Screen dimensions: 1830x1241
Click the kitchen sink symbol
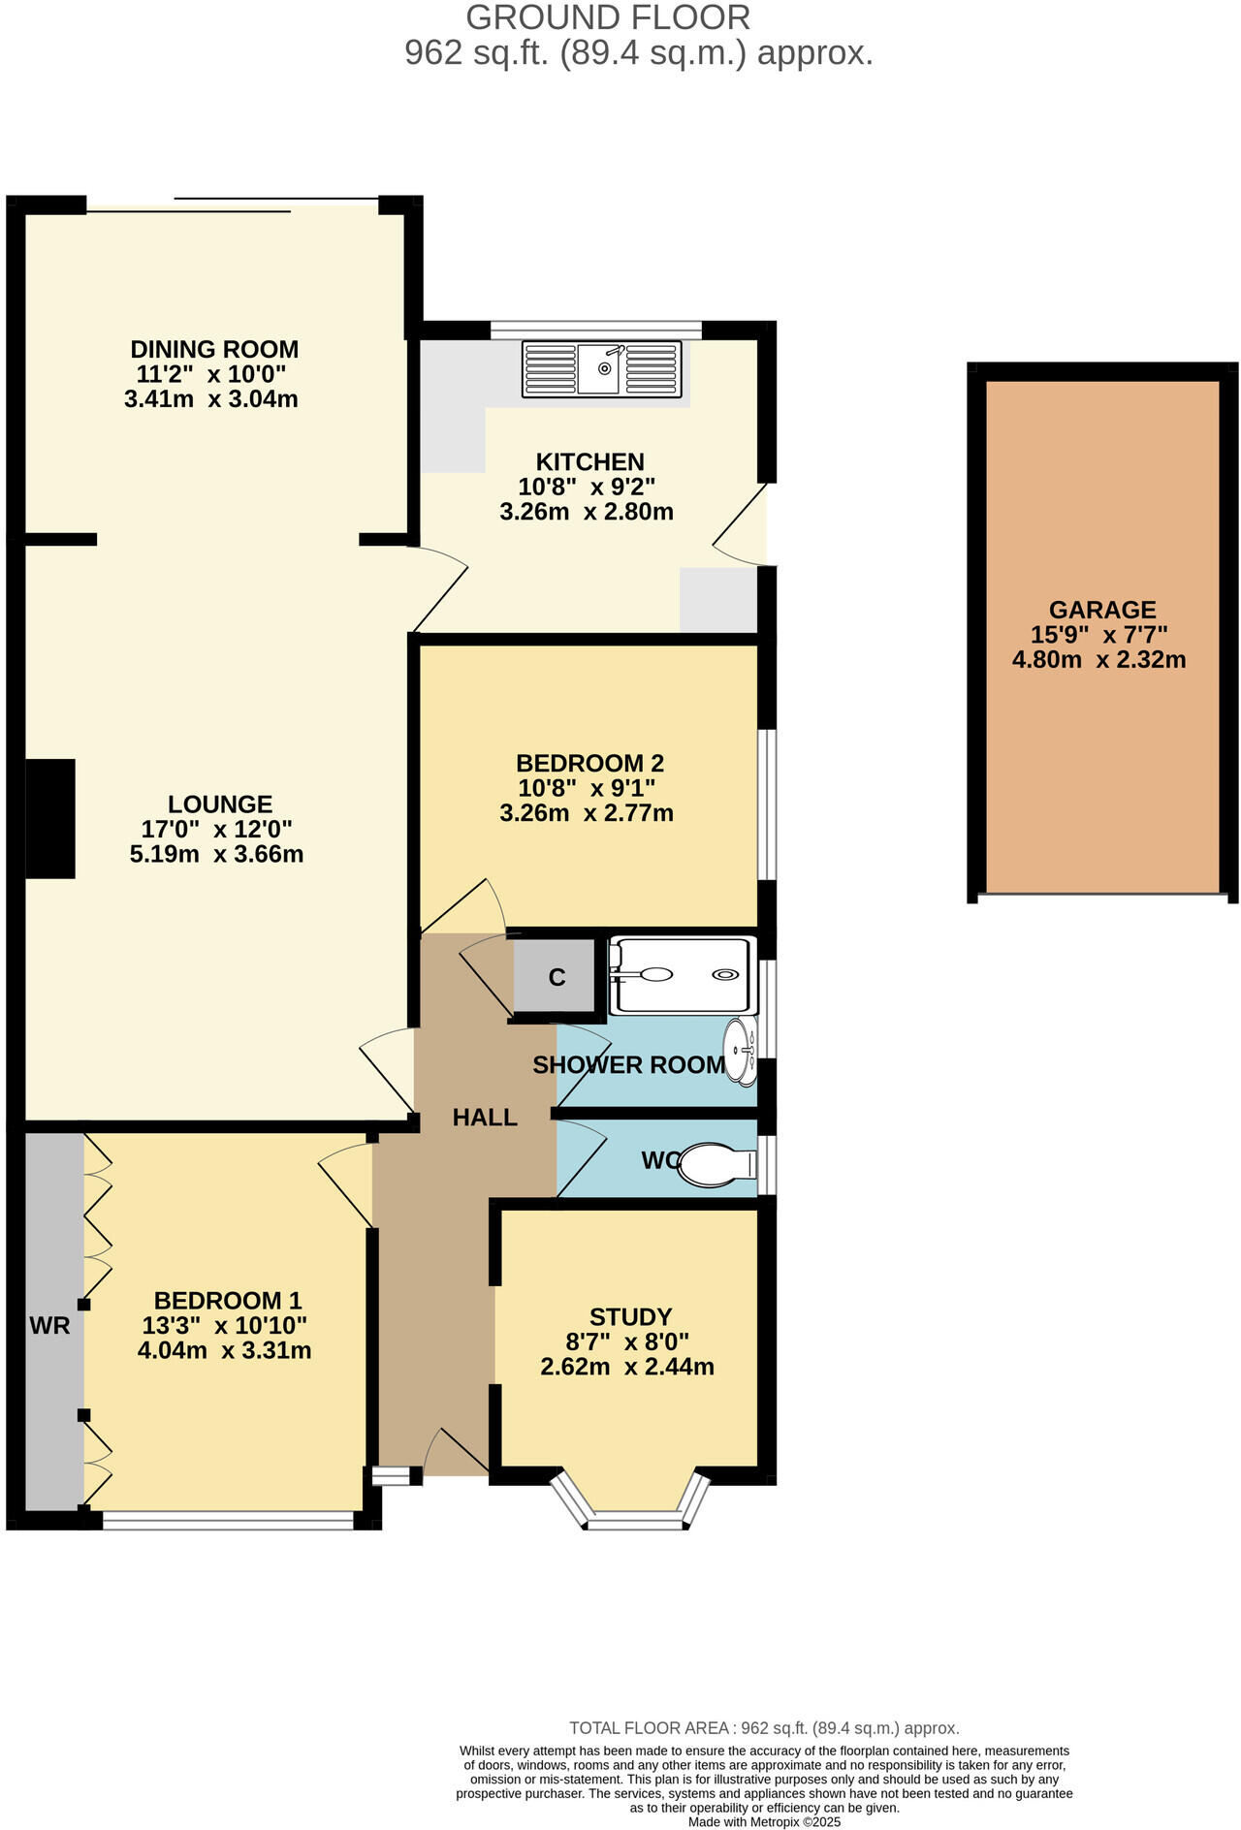pos(601,368)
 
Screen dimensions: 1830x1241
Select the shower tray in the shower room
pos(681,975)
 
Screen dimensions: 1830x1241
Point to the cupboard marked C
pos(556,976)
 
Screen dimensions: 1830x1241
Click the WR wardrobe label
pos(49,1325)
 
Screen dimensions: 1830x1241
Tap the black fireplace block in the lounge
pos(49,818)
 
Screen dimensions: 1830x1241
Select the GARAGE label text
pos(1102,610)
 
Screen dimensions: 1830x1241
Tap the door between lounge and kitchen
pos(438,587)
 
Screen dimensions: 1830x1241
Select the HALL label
pos(485,1118)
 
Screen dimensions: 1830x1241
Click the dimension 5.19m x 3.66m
pos(216,854)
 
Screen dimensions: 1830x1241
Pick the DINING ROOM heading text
pos(214,349)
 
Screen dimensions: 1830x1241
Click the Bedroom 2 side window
pos(766,804)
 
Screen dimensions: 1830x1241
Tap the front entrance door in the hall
pos(456,1454)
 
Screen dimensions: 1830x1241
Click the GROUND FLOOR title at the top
pos(608,17)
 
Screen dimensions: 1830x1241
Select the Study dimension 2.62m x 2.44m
pos(627,1367)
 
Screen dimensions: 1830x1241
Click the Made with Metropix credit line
pos(764,1821)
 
